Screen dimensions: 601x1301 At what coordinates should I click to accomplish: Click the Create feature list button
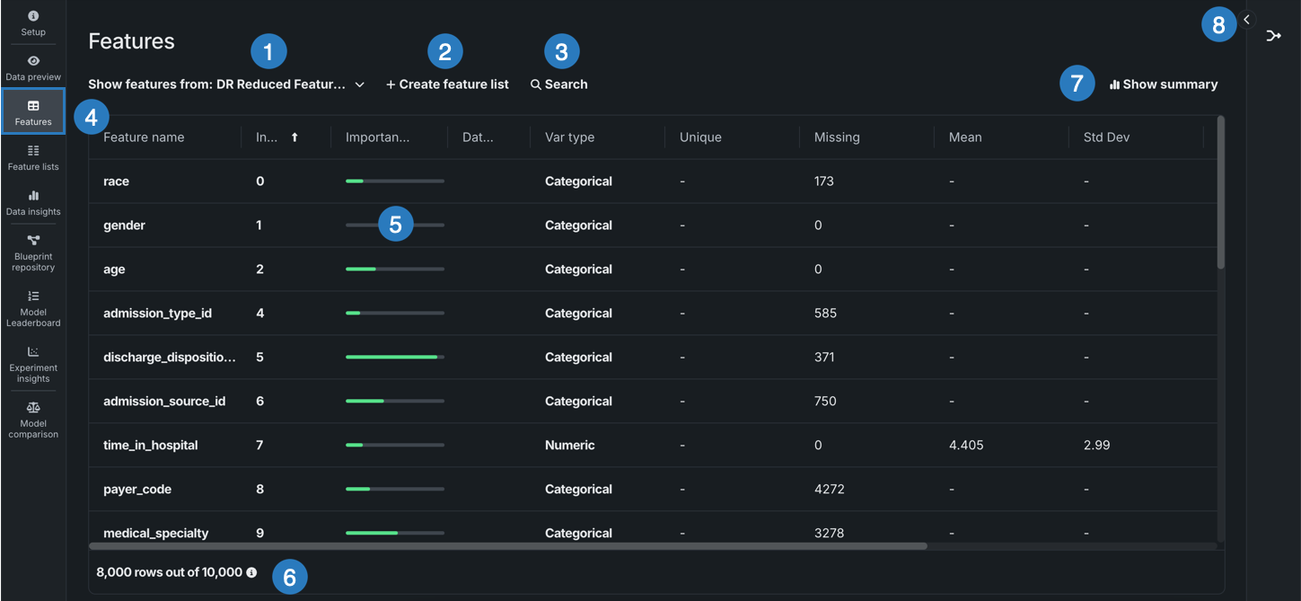(447, 84)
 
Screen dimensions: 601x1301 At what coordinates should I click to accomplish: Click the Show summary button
(1164, 84)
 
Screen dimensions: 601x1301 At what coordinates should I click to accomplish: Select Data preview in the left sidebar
(33, 67)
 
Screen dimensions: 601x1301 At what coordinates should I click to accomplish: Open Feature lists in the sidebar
(33, 157)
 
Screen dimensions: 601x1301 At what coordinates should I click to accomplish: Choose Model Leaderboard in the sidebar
(33, 308)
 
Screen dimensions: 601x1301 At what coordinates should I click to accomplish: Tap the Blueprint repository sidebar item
(33, 252)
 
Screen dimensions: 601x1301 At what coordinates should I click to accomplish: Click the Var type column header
(569, 137)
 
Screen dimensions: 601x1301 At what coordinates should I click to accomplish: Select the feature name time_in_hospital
(150, 446)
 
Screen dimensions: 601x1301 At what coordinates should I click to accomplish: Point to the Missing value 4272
(830, 490)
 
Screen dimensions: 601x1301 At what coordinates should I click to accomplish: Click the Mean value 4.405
(965, 446)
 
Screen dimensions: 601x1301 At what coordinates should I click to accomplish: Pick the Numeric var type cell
(569, 446)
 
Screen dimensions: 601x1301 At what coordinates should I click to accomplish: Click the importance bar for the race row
(394, 181)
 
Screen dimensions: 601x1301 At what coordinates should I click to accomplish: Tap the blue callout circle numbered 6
(289, 577)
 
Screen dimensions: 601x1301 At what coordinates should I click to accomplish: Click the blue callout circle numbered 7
(1077, 84)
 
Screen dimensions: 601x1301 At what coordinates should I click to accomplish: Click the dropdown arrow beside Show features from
(359, 84)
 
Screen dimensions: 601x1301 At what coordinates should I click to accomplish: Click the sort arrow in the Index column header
(294, 137)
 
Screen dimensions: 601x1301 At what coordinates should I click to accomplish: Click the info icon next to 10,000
(251, 572)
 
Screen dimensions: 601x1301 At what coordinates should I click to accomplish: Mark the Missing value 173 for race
(823, 181)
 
